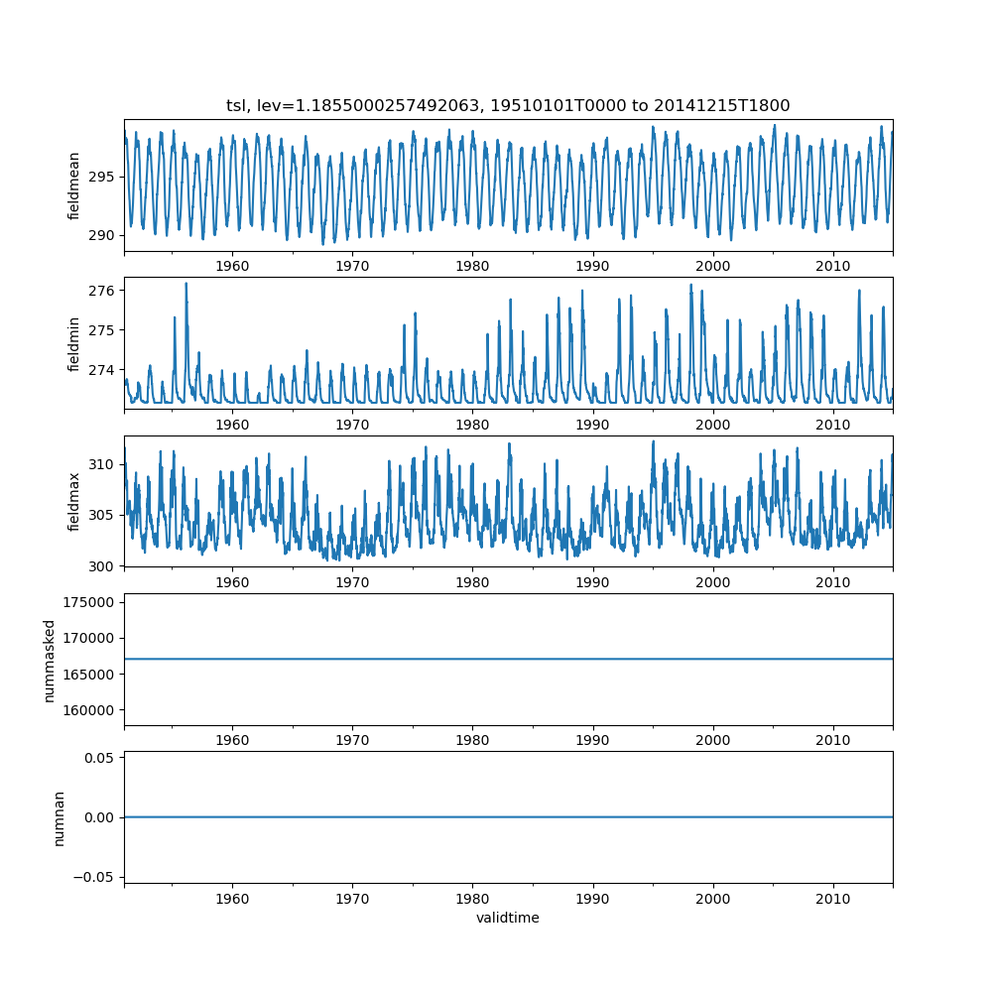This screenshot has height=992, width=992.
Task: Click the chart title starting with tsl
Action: [508, 105]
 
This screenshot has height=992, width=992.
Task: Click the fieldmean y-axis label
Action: [74, 186]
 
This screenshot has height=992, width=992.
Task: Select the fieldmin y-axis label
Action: [74, 343]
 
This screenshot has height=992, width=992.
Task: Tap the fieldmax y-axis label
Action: [74, 501]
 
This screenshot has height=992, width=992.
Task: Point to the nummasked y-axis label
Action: [49, 660]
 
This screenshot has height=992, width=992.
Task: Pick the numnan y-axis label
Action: [59, 817]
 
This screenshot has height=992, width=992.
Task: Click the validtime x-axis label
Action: [508, 918]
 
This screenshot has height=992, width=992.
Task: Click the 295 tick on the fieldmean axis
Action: [100, 177]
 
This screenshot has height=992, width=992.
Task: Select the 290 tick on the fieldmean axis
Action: [100, 235]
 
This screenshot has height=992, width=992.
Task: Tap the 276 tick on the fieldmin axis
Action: [100, 291]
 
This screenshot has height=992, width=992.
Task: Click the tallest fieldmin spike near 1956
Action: [186, 284]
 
